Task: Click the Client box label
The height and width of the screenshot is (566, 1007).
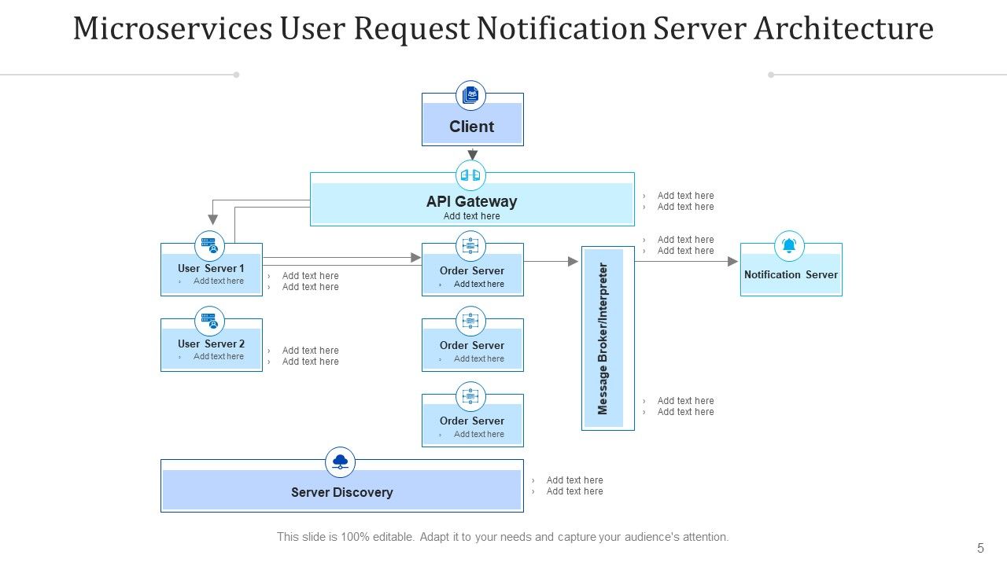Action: point(472,127)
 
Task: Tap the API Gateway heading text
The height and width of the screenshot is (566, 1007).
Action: point(472,201)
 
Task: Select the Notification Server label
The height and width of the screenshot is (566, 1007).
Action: point(791,274)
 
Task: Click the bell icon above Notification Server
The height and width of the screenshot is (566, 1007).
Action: point(790,246)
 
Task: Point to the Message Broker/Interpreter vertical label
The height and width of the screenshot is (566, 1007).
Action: point(603,338)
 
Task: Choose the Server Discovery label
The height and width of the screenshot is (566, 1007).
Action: point(341,492)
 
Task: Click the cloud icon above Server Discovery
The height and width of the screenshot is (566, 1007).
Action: point(340,462)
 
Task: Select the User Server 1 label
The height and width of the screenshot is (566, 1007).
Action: point(211,268)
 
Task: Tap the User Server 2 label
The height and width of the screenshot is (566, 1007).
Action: point(211,344)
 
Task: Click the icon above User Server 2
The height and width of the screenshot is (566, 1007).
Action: point(209,321)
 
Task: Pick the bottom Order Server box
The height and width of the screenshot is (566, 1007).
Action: point(472,424)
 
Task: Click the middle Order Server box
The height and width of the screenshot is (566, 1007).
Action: point(472,349)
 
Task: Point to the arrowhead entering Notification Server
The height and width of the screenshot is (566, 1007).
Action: point(733,261)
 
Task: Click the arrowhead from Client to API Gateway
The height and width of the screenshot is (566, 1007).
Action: point(472,155)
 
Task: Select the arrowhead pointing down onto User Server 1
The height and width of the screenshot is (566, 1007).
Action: point(211,220)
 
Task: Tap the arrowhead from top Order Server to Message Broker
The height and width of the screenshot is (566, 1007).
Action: point(574,261)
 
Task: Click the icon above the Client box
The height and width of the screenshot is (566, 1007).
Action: point(471,95)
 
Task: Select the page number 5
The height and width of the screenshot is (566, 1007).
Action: point(980,548)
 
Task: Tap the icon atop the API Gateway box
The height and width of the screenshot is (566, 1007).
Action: point(470,175)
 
